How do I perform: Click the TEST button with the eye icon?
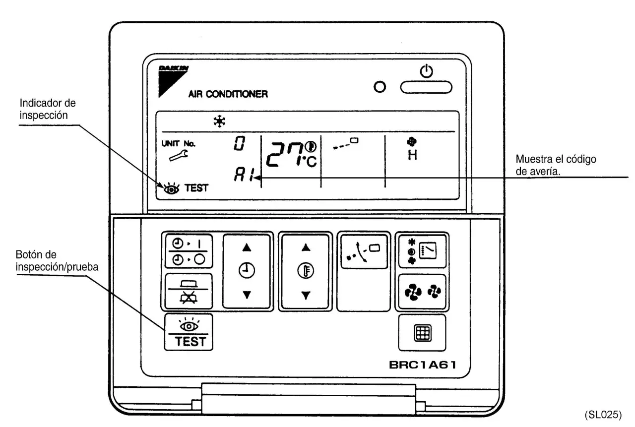point(189,332)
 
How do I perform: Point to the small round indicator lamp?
point(380,87)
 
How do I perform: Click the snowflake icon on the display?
point(219,122)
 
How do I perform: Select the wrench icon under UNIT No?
point(179,155)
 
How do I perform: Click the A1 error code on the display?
point(243,174)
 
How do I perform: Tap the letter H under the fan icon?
point(412,155)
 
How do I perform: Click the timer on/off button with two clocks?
point(189,251)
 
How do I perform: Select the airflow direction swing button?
point(364,251)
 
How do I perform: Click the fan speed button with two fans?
point(422,292)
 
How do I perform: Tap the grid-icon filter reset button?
point(422,333)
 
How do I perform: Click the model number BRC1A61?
point(422,365)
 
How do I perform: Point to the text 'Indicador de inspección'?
point(48,109)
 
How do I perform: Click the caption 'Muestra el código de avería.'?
point(556,165)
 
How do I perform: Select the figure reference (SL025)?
point(603,415)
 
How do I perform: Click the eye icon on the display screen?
point(171,188)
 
